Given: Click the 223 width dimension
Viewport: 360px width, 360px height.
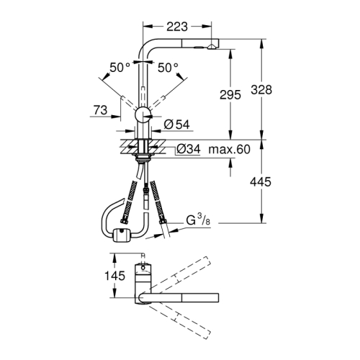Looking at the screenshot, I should pos(176,26).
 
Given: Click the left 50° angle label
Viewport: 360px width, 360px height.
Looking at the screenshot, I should pos(120,67).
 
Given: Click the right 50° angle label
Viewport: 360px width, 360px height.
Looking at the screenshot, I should pos(168,67).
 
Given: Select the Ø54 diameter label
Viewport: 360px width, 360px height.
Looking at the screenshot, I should pos(176,125).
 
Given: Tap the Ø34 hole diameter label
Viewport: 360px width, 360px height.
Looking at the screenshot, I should pos(187,150).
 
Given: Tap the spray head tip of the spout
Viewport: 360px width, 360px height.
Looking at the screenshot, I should pos(210,45).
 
